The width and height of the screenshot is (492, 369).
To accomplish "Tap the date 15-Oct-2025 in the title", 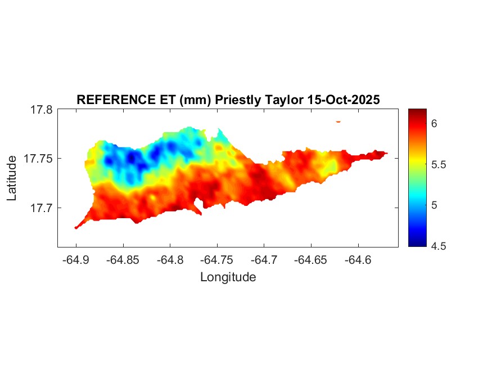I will point(344,100).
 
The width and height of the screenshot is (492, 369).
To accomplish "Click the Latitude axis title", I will point(12,179).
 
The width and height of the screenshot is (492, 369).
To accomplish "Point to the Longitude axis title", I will point(228,277).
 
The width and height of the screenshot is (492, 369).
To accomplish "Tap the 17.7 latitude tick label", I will point(41,208).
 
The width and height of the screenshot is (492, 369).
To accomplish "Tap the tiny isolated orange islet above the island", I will point(338,121).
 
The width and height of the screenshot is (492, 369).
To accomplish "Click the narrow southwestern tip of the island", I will point(77,227).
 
